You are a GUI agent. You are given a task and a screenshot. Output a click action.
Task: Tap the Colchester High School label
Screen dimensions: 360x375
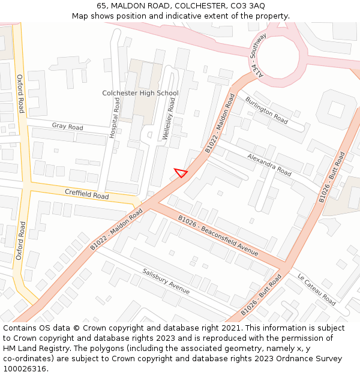click(x=140, y=93)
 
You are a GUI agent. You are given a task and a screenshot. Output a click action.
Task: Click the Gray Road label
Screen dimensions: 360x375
click(x=67, y=127)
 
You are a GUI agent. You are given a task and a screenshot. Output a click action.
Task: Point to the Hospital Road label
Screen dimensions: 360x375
click(x=114, y=119)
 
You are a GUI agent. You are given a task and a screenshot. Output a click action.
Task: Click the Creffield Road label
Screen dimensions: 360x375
click(x=87, y=193)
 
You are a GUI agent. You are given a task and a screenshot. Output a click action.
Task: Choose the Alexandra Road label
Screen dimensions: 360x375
click(x=269, y=164)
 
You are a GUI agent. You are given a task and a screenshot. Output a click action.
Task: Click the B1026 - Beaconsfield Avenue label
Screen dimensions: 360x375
click(x=218, y=235)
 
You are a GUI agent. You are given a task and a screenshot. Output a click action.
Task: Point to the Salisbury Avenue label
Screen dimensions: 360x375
click(x=166, y=280)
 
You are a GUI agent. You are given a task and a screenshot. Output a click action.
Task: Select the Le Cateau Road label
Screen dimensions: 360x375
click(x=316, y=289)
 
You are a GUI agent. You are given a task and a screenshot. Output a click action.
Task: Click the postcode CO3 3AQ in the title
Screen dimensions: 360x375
click(x=248, y=5)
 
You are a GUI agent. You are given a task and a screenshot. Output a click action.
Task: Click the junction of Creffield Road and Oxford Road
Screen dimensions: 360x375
click(x=27, y=182)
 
